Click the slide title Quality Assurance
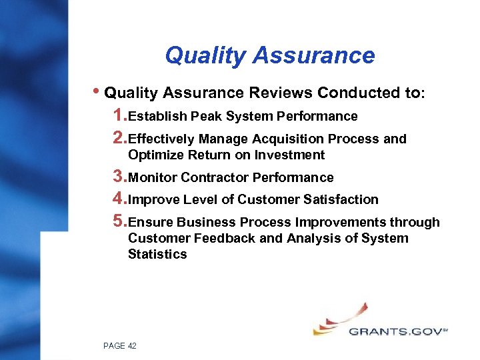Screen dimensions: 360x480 [x=269, y=55]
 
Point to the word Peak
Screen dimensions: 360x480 [x=207, y=117]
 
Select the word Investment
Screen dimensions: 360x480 [x=291, y=155]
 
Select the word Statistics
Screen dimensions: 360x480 [x=157, y=255]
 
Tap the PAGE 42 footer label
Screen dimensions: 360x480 [x=120, y=345]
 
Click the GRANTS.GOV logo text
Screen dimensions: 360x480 [x=395, y=331]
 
